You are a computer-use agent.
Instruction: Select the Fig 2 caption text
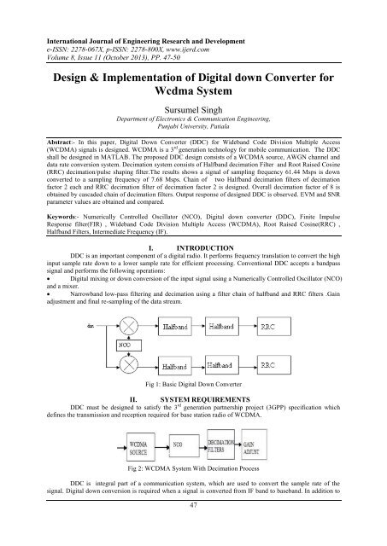193,469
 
